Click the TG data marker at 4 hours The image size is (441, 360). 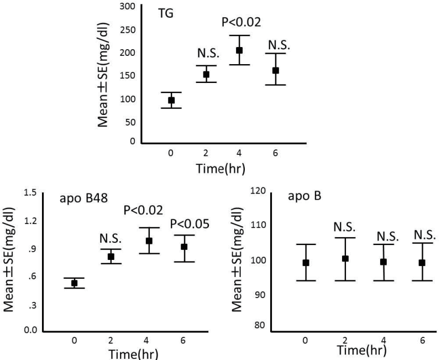(x=239, y=50)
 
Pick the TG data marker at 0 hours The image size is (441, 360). (x=171, y=100)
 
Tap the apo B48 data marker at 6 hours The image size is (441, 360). (x=184, y=247)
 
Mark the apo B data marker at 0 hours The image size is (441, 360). (x=306, y=263)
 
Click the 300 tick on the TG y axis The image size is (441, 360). (x=128, y=6)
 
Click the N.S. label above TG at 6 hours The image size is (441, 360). (x=275, y=44)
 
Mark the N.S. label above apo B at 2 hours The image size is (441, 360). (x=345, y=227)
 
